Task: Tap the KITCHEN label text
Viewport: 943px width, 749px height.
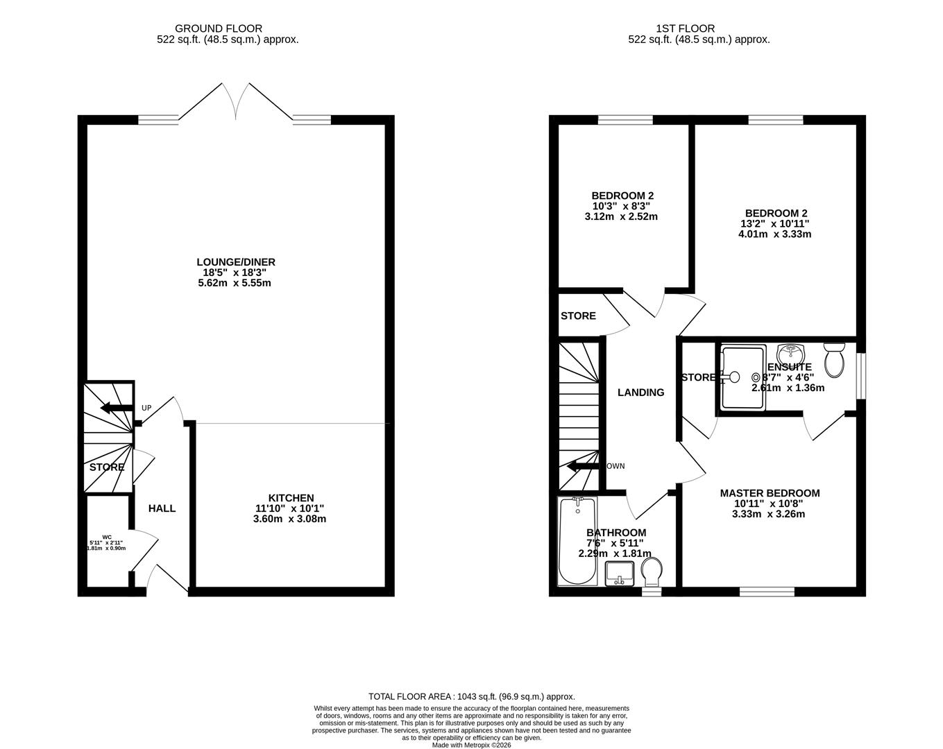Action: tap(291, 498)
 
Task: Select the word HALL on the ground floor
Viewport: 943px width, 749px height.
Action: tap(162, 508)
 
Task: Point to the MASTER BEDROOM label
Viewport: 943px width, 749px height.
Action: tap(770, 493)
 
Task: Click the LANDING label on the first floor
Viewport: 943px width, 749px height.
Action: tap(640, 393)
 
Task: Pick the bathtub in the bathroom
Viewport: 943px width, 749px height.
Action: tap(577, 541)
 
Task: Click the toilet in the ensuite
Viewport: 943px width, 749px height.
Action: tap(833, 358)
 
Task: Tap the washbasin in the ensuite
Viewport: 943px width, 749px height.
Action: tap(790, 352)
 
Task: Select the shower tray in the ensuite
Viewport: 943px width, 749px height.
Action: tap(743, 377)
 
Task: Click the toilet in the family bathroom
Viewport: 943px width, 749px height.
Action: tap(651, 572)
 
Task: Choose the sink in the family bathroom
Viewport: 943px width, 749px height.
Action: tap(619, 574)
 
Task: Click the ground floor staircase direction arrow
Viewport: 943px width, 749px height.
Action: tap(116, 408)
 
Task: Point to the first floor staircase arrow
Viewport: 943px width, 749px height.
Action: tap(582, 467)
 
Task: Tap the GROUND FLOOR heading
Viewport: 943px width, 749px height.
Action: tap(219, 28)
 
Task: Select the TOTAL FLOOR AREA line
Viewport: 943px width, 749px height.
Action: tap(471, 696)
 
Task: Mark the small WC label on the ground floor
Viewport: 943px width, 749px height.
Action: tap(107, 536)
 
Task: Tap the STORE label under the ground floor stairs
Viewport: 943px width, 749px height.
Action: tap(107, 467)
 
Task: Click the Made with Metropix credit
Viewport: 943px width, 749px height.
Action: tap(471, 745)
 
